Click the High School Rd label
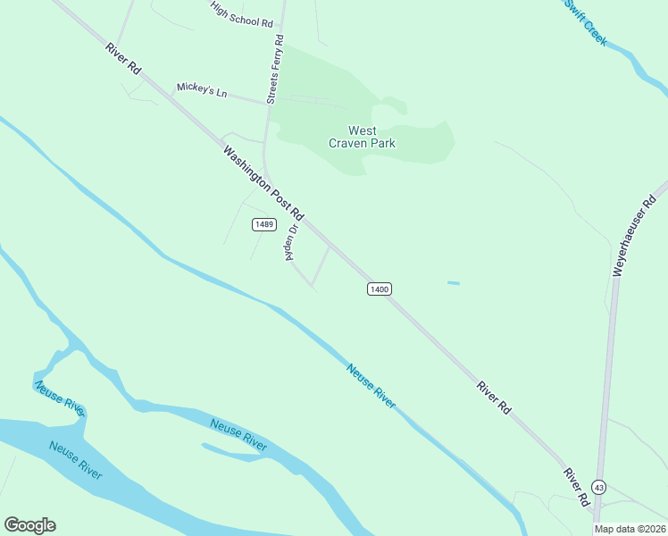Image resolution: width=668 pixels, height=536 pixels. (x=242, y=14)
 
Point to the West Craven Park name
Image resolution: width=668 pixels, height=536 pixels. (x=362, y=137)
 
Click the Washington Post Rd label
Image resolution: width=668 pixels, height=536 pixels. (x=263, y=183)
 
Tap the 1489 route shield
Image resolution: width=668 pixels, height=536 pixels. (x=263, y=224)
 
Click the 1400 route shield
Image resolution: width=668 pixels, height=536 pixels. (x=379, y=289)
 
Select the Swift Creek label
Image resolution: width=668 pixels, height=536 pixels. (x=587, y=21)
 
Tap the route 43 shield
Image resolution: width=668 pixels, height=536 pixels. (x=598, y=487)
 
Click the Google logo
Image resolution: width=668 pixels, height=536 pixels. (x=29, y=525)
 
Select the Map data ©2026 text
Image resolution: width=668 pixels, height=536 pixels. (x=630, y=529)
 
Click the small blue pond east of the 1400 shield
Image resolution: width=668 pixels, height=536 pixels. (x=454, y=283)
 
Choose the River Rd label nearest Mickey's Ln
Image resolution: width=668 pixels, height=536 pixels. (x=123, y=58)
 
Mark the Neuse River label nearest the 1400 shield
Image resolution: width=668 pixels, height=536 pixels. (x=372, y=386)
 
